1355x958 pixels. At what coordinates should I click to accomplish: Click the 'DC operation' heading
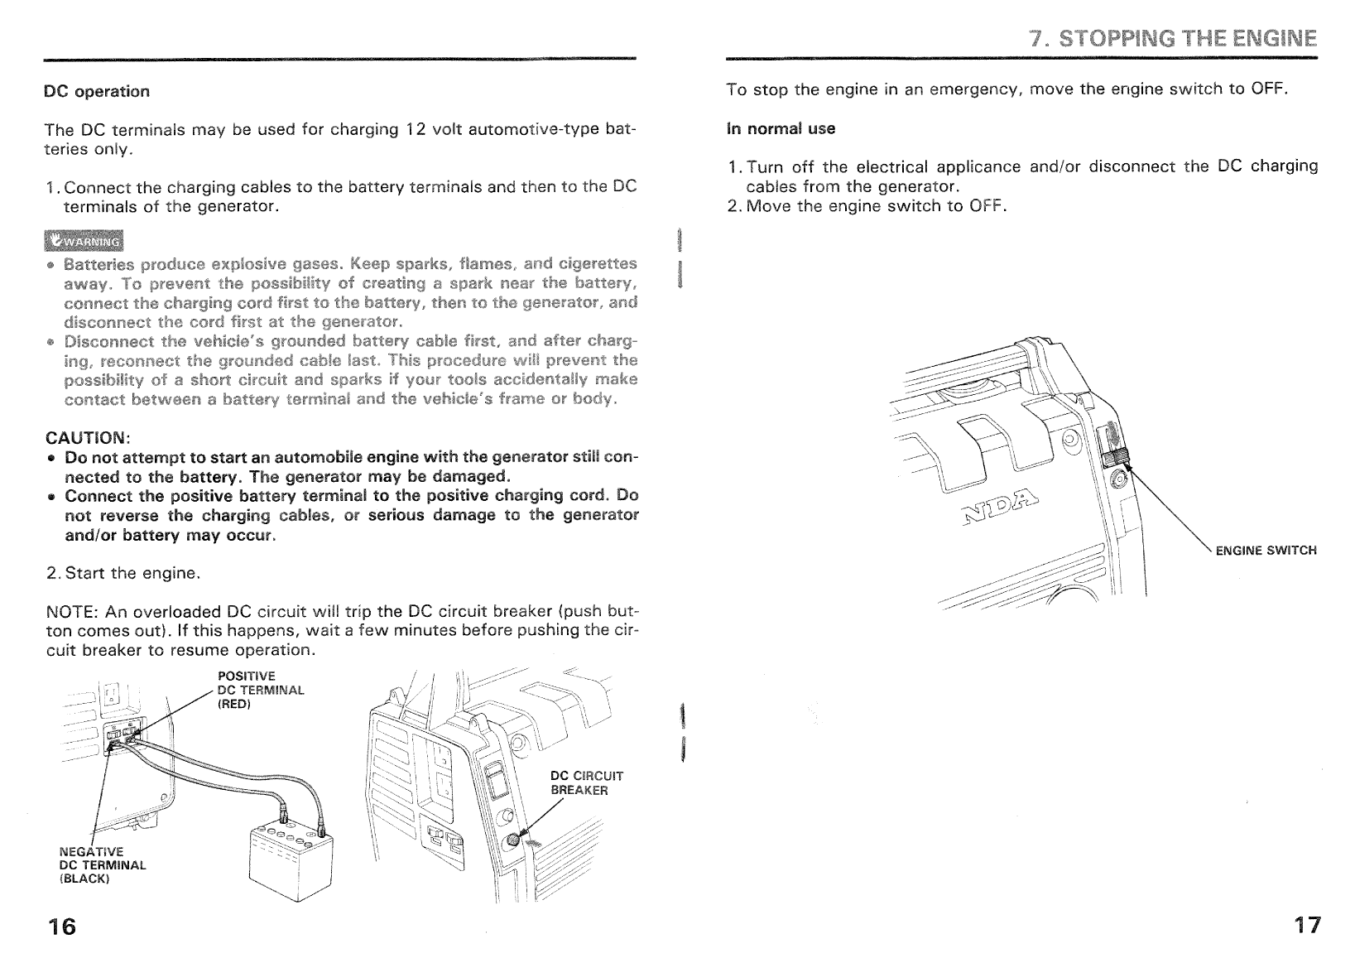(97, 91)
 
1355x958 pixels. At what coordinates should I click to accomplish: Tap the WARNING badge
(84, 242)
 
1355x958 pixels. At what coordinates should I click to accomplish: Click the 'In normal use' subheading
(781, 128)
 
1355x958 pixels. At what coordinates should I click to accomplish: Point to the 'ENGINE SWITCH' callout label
(1265, 551)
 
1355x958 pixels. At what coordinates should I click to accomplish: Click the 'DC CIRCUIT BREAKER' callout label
(586, 783)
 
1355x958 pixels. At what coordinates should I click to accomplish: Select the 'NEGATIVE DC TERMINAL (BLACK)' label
(103, 864)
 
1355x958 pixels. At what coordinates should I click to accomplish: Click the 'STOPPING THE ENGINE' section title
(1172, 38)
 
